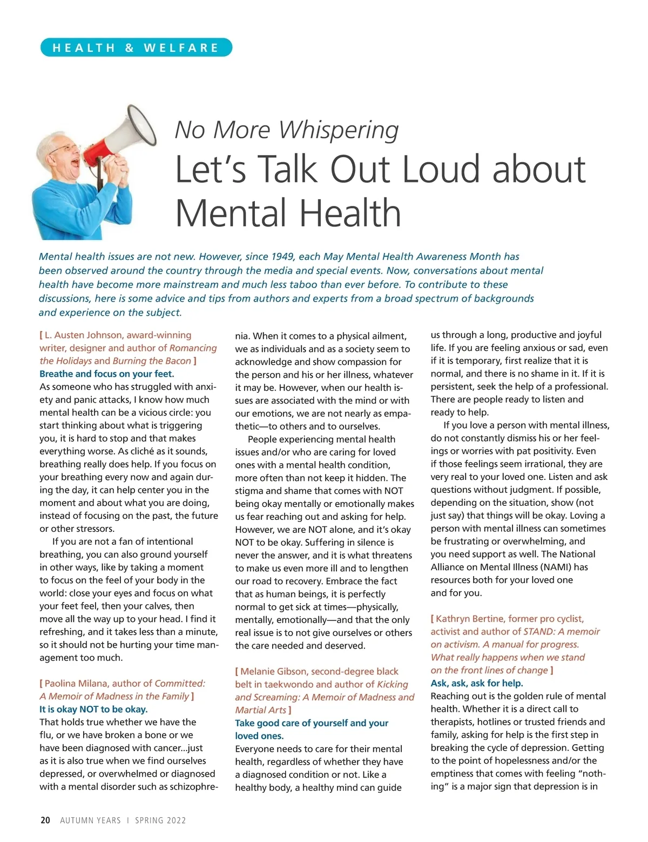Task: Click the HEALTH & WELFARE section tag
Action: click(136, 48)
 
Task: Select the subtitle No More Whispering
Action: click(287, 130)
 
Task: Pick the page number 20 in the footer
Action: click(45, 820)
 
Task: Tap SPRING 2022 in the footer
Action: click(160, 820)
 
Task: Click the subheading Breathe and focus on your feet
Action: click(106, 374)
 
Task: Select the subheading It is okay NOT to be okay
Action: click(93, 709)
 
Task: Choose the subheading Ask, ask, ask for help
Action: click(477, 683)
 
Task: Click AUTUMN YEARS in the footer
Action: click(90, 820)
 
